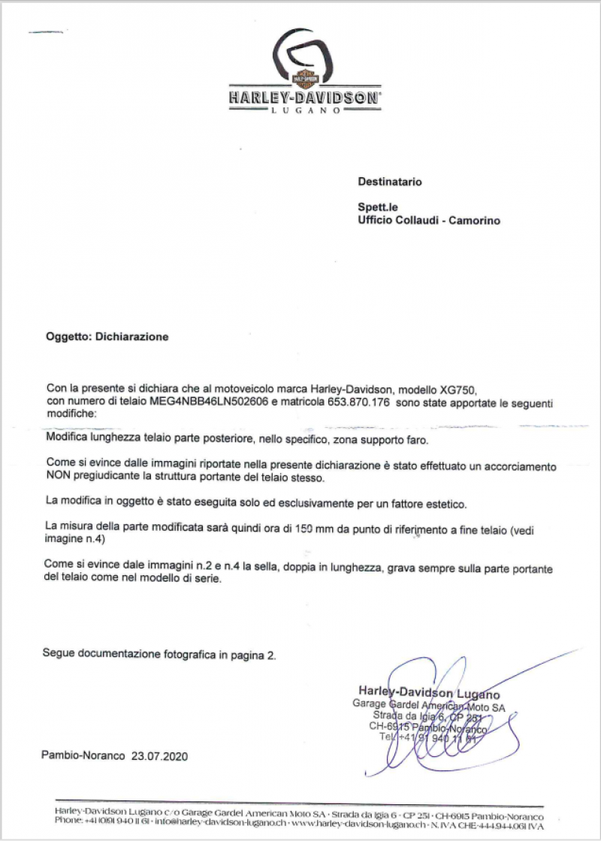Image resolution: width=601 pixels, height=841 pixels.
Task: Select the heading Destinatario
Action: pos(390,182)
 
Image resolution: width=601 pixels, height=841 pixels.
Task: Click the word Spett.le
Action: pos(376,208)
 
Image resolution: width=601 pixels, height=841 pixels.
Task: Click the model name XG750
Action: pos(460,388)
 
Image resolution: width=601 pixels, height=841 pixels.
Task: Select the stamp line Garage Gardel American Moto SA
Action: pos(429,707)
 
